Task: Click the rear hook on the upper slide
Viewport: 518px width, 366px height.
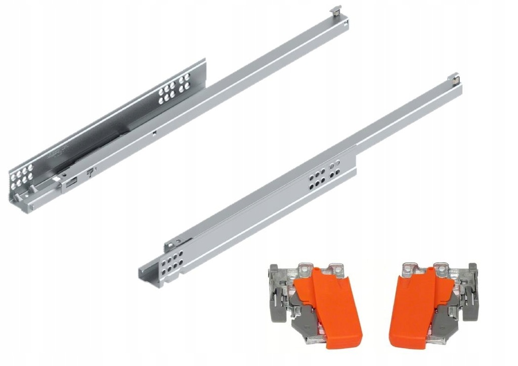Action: pyautogui.click(x=336, y=10)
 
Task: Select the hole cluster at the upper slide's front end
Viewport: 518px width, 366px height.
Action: pyautogui.click(x=22, y=174)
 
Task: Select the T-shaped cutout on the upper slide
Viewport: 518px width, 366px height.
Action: pyautogui.click(x=91, y=173)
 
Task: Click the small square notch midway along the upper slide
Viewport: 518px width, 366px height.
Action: pyautogui.click(x=153, y=134)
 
